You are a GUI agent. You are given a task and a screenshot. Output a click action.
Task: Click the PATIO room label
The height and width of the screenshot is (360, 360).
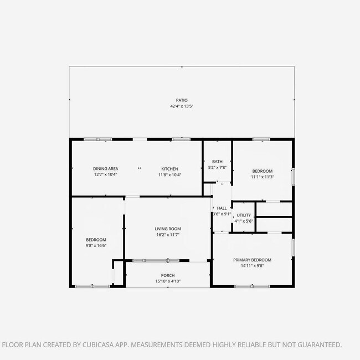182,100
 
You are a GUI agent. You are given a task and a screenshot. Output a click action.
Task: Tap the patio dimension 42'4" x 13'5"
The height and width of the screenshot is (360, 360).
182,106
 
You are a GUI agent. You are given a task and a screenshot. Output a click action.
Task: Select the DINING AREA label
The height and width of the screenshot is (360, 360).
105,168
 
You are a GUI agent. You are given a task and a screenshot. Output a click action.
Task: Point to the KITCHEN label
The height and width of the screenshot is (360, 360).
169,168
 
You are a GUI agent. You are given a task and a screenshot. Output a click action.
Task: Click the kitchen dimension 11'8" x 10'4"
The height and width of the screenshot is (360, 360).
169,174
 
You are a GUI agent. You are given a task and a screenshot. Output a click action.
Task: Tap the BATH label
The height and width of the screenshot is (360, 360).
217,161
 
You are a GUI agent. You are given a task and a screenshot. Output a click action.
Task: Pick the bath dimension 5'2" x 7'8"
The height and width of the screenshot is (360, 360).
217,167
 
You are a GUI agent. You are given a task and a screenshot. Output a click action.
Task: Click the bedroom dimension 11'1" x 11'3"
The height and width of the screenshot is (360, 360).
263,177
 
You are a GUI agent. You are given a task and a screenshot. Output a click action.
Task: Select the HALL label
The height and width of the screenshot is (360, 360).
222,208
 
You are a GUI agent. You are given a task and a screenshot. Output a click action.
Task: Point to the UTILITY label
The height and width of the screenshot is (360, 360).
244,215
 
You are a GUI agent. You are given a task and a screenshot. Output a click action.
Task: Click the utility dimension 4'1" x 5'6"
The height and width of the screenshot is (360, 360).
244,221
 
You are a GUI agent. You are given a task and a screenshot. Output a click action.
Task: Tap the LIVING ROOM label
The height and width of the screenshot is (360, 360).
167,229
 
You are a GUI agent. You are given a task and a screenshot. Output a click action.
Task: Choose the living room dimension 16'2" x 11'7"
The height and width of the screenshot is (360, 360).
167,235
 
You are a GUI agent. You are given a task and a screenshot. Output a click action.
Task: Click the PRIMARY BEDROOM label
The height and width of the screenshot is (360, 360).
252,260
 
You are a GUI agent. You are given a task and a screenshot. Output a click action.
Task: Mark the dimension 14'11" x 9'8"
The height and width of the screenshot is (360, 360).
252,266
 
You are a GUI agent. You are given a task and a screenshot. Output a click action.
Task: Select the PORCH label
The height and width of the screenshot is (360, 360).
168,275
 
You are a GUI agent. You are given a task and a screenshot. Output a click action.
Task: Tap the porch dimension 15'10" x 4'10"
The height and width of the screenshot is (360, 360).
168,281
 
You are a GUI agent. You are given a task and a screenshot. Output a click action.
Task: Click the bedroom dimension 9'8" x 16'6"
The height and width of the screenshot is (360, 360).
96,245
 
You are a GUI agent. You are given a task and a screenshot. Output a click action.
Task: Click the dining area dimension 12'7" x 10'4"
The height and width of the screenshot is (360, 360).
105,174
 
